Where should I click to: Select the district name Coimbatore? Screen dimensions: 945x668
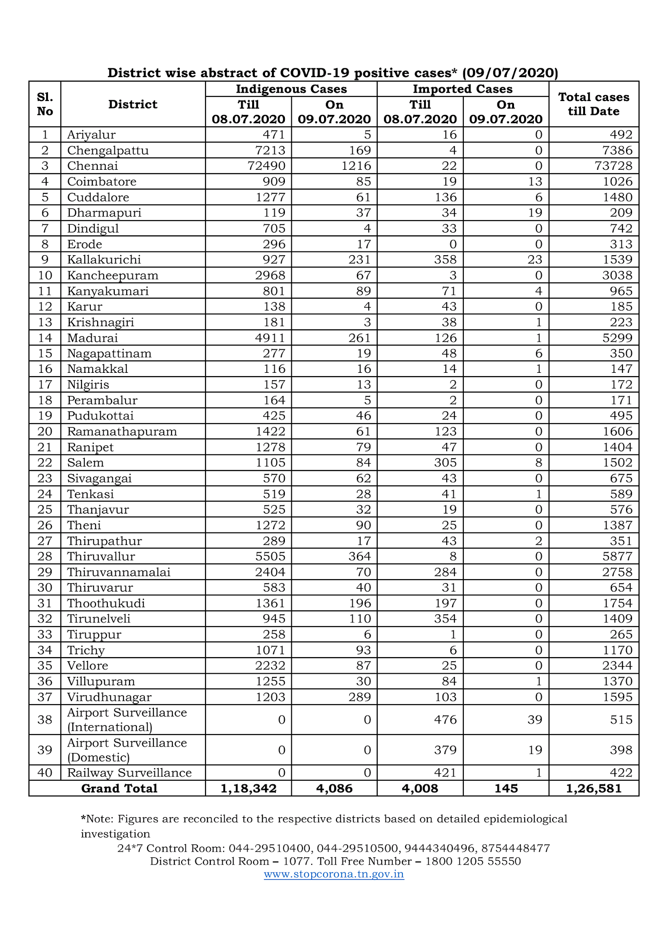point(101,181)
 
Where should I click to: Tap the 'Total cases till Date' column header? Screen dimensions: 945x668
point(593,104)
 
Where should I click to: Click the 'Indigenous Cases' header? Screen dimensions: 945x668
point(291,89)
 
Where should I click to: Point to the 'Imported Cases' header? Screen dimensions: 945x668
point(462,89)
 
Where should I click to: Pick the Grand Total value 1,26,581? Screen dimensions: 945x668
point(593,789)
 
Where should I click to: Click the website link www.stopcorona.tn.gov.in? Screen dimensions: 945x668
point(334,874)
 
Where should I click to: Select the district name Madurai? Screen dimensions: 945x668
point(92,338)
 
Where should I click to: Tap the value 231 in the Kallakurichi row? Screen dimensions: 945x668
point(360,259)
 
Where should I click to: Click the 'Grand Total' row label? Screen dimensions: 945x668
point(119,789)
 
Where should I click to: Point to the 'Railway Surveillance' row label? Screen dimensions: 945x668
point(129,773)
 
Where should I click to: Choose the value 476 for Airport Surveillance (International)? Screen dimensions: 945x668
point(445,719)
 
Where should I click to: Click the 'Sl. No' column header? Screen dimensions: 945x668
point(45,104)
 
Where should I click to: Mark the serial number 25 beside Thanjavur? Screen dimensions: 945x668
point(45,509)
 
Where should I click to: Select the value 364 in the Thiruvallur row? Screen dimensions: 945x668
point(360,556)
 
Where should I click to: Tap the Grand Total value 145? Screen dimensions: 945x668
point(506,789)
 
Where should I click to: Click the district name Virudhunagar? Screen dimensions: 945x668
point(109,697)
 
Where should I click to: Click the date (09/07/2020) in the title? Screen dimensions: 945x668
point(510,73)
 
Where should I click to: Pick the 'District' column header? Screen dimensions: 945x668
point(133,104)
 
